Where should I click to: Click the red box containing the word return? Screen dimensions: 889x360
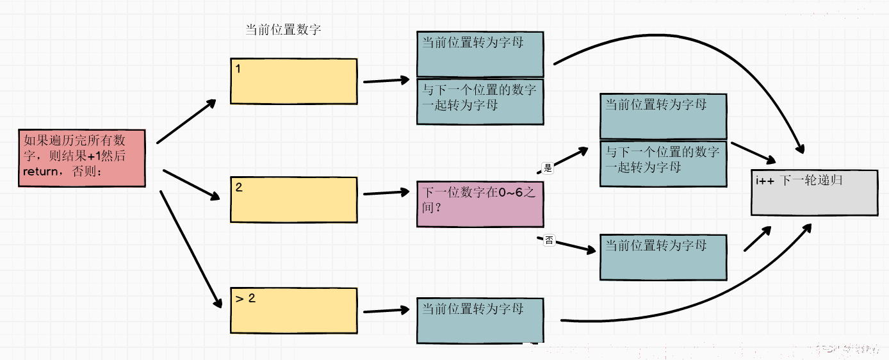click(x=82, y=158)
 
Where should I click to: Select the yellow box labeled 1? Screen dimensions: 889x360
click(x=294, y=81)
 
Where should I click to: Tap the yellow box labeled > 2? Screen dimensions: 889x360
click(x=294, y=311)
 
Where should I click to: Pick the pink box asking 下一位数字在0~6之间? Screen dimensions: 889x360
click(x=480, y=204)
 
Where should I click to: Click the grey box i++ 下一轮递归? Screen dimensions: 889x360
click(x=815, y=193)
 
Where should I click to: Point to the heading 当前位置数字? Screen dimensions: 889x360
click(x=283, y=29)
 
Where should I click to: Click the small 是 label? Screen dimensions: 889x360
click(x=548, y=168)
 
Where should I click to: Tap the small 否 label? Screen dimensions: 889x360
click(x=549, y=240)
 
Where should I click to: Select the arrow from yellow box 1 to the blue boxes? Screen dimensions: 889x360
click(x=386, y=81)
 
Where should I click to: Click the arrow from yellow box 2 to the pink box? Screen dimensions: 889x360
click(x=386, y=193)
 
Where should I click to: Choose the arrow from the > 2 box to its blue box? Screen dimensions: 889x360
click(x=386, y=311)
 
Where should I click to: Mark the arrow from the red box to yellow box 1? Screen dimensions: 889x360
click(x=186, y=121)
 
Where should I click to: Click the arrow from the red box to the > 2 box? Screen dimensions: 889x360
click(x=191, y=249)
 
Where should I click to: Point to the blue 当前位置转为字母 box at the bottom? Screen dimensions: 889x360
click(x=480, y=321)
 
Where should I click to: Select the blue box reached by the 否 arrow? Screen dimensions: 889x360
click(x=663, y=258)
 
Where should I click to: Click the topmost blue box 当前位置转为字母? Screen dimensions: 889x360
click(x=480, y=54)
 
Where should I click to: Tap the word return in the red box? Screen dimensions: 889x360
click(x=40, y=172)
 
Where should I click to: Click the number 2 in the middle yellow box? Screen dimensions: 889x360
click(x=238, y=187)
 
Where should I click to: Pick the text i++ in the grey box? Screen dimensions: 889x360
click(x=765, y=181)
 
